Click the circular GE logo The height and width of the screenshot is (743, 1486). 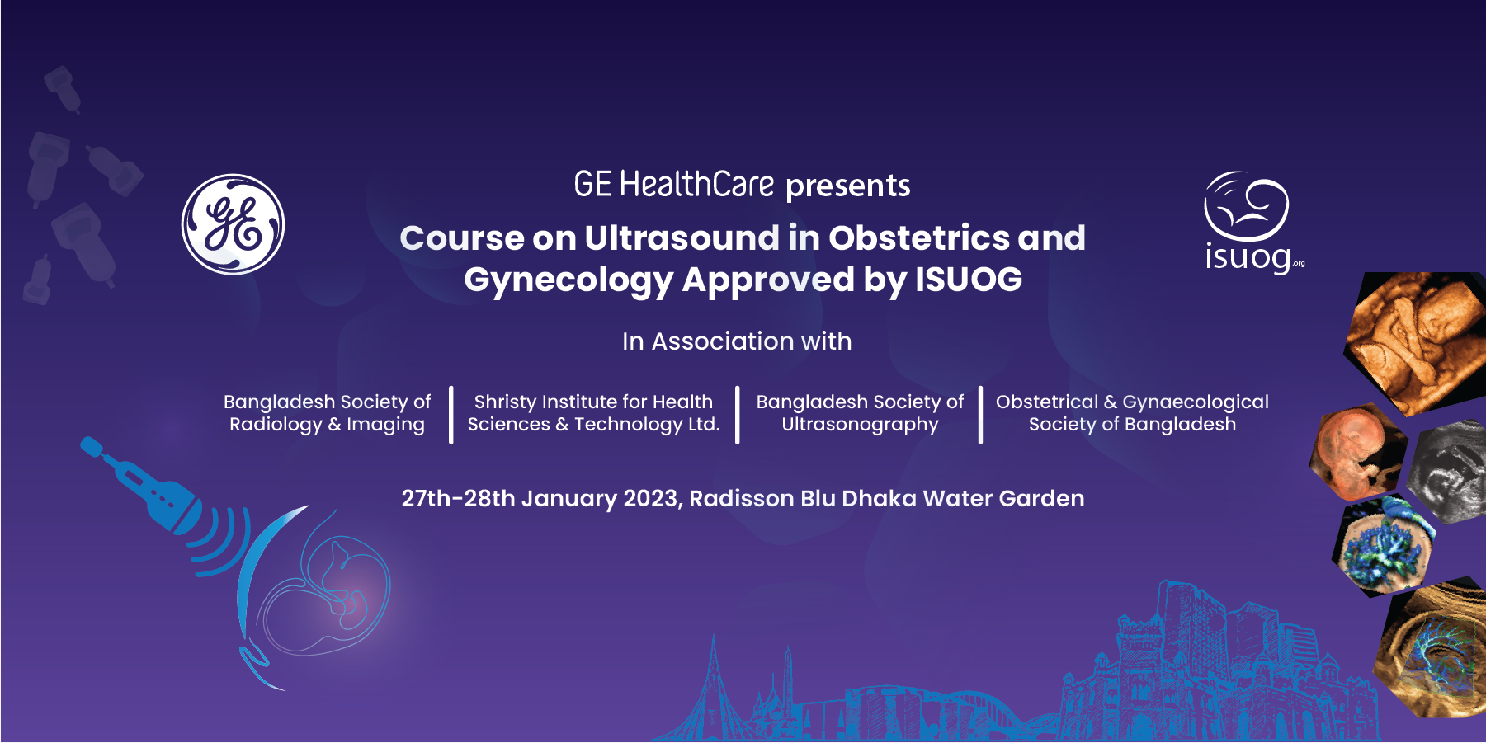233,224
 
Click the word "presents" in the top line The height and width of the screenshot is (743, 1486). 848,186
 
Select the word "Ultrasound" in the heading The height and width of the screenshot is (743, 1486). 682,238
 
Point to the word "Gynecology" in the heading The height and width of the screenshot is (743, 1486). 568,280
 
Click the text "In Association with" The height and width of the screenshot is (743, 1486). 737,341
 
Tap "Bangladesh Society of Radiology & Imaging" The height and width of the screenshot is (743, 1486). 327,413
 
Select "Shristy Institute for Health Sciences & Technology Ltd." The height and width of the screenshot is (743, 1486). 593,413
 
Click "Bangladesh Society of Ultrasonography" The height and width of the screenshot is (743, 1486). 860,413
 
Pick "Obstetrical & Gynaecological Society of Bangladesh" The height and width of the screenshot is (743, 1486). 1132,413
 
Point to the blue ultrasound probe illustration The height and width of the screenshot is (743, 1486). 141,487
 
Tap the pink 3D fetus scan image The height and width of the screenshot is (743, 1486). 1355,453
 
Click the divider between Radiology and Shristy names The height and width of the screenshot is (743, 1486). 451,414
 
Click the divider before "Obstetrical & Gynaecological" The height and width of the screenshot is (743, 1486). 980,414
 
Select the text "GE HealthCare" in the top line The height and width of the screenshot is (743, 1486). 674,185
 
